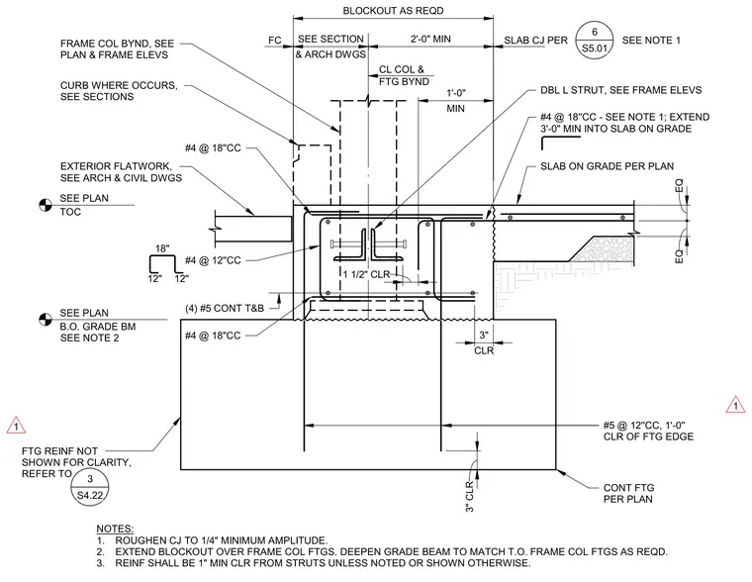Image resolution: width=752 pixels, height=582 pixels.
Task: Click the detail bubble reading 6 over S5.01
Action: point(595,41)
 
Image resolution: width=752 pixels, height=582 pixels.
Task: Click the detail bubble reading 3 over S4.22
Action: point(90,487)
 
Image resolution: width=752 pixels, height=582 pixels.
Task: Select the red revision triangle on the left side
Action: point(16,426)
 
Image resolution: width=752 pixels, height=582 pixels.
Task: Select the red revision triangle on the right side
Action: point(736,405)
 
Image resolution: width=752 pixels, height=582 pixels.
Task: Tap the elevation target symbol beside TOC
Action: point(46,205)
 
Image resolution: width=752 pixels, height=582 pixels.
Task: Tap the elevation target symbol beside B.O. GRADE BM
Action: point(46,320)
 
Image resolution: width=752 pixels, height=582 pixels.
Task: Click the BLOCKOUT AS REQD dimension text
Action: point(393,11)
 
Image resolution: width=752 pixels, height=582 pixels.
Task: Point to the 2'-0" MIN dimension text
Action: point(430,39)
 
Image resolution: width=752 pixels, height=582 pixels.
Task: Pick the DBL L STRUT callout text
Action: point(621,90)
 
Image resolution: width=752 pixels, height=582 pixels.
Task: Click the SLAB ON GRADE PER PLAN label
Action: point(608,166)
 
